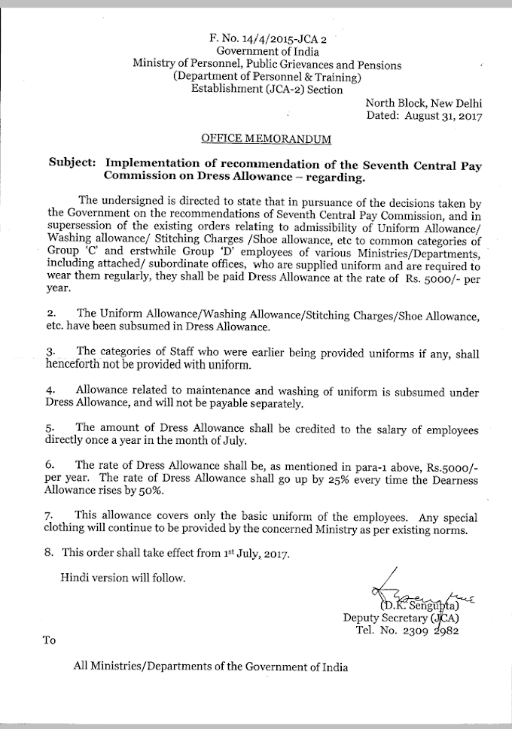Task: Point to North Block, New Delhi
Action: point(424,103)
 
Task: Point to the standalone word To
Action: point(50,640)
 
